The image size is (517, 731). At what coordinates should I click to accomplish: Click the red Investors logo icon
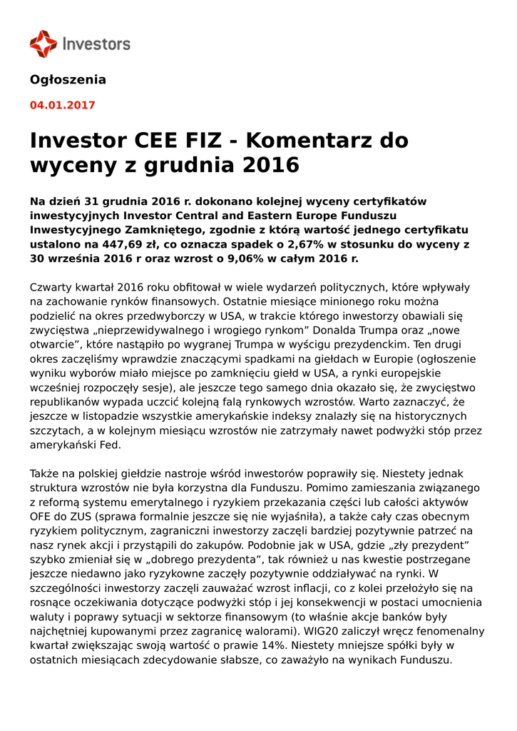[43, 44]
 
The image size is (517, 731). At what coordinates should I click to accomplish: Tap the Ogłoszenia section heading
[68, 80]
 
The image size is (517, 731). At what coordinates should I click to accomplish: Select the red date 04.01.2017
[62, 105]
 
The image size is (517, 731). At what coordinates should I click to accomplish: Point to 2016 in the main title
[271, 165]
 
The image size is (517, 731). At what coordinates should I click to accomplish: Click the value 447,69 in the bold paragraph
[116, 244]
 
